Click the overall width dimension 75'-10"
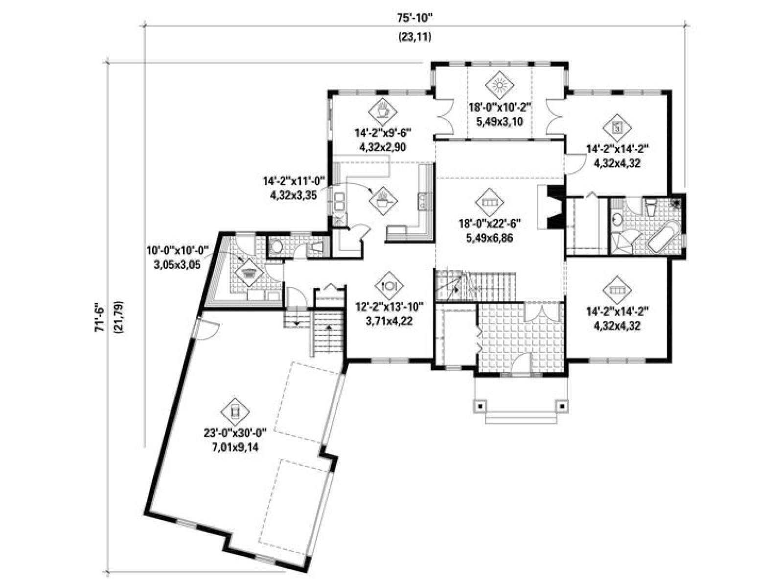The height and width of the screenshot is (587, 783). pyautogui.click(x=415, y=18)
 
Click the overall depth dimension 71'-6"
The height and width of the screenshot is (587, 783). pyautogui.click(x=99, y=317)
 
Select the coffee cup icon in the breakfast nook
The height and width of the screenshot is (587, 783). pyautogui.click(x=382, y=111)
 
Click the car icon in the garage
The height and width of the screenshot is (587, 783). pyautogui.click(x=235, y=412)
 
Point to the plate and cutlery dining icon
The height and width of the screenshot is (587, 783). pyautogui.click(x=389, y=285)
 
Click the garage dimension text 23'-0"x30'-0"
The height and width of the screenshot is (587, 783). pyautogui.click(x=235, y=433)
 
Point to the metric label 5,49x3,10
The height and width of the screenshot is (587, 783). pyautogui.click(x=500, y=122)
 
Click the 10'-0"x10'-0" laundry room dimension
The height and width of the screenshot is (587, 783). pyautogui.click(x=177, y=250)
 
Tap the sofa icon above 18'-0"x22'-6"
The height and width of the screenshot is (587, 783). pyautogui.click(x=489, y=202)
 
